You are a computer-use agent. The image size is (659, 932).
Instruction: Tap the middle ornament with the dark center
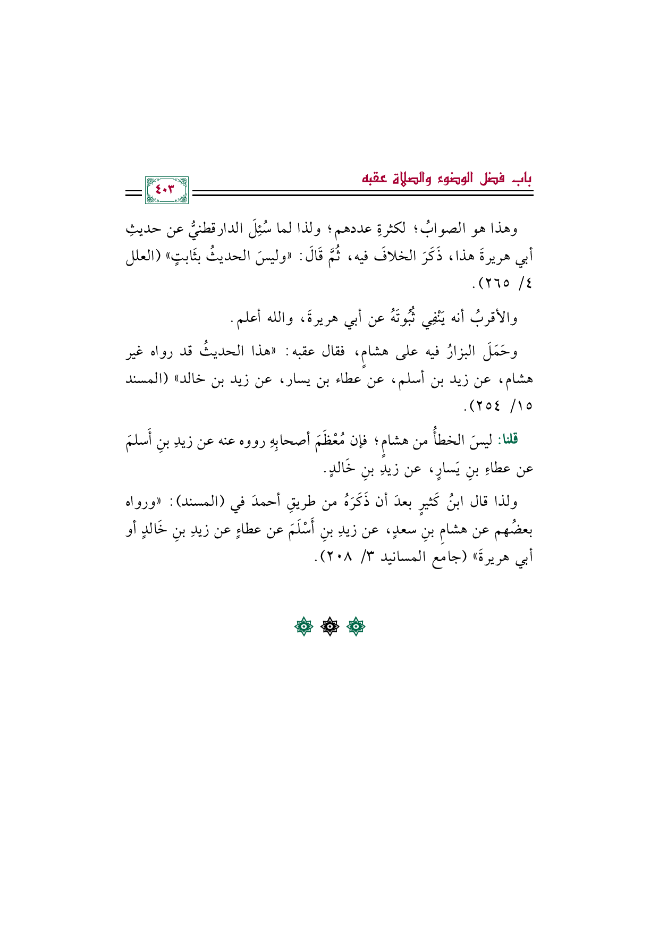[x=330, y=628]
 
